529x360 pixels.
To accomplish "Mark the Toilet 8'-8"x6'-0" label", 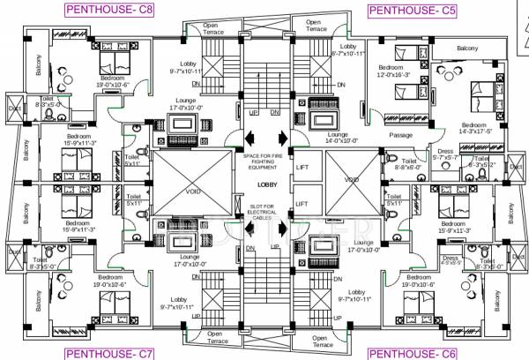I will pyautogui.click(x=407, y=165).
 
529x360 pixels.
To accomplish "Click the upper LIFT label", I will pyautogui.click(x=302, y=167).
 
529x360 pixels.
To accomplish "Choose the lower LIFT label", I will pyautogui.click(x=302, y=204).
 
